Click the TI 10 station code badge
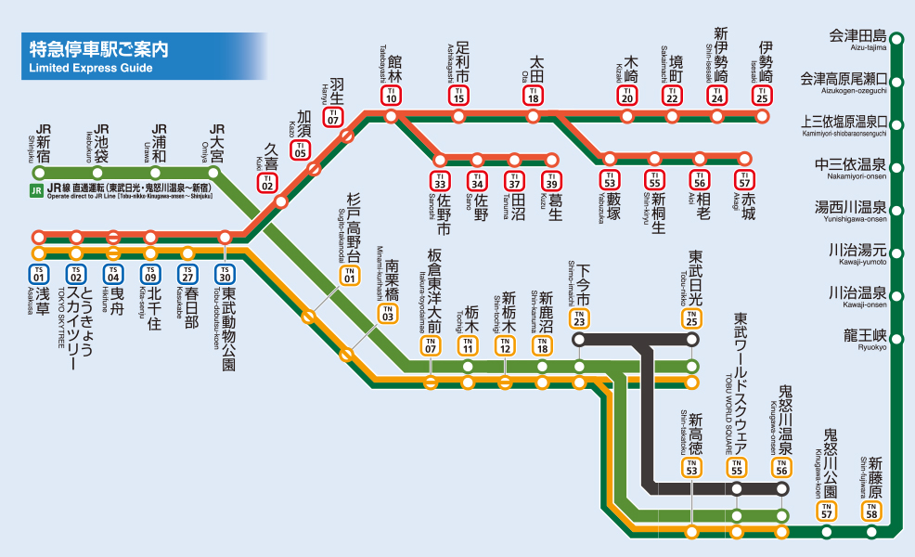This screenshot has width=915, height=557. (392, 95)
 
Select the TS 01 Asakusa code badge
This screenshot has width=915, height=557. (38, 274)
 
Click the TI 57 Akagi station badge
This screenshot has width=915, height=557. (744, 179)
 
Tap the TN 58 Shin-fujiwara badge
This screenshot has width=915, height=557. (870, 510)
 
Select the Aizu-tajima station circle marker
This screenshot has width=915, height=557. (896, 37)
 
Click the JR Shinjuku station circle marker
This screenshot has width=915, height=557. (39, 173)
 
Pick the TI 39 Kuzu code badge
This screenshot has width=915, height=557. (552, 179)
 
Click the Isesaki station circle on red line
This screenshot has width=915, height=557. (763, 116)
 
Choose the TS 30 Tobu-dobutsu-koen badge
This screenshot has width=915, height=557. (225, 274)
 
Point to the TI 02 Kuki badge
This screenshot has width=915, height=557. (267, 182)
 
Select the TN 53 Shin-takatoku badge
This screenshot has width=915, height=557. (691, 468)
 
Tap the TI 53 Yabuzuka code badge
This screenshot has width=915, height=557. (610, 179)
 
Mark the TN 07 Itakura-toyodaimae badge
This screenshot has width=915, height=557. (431, 347)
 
